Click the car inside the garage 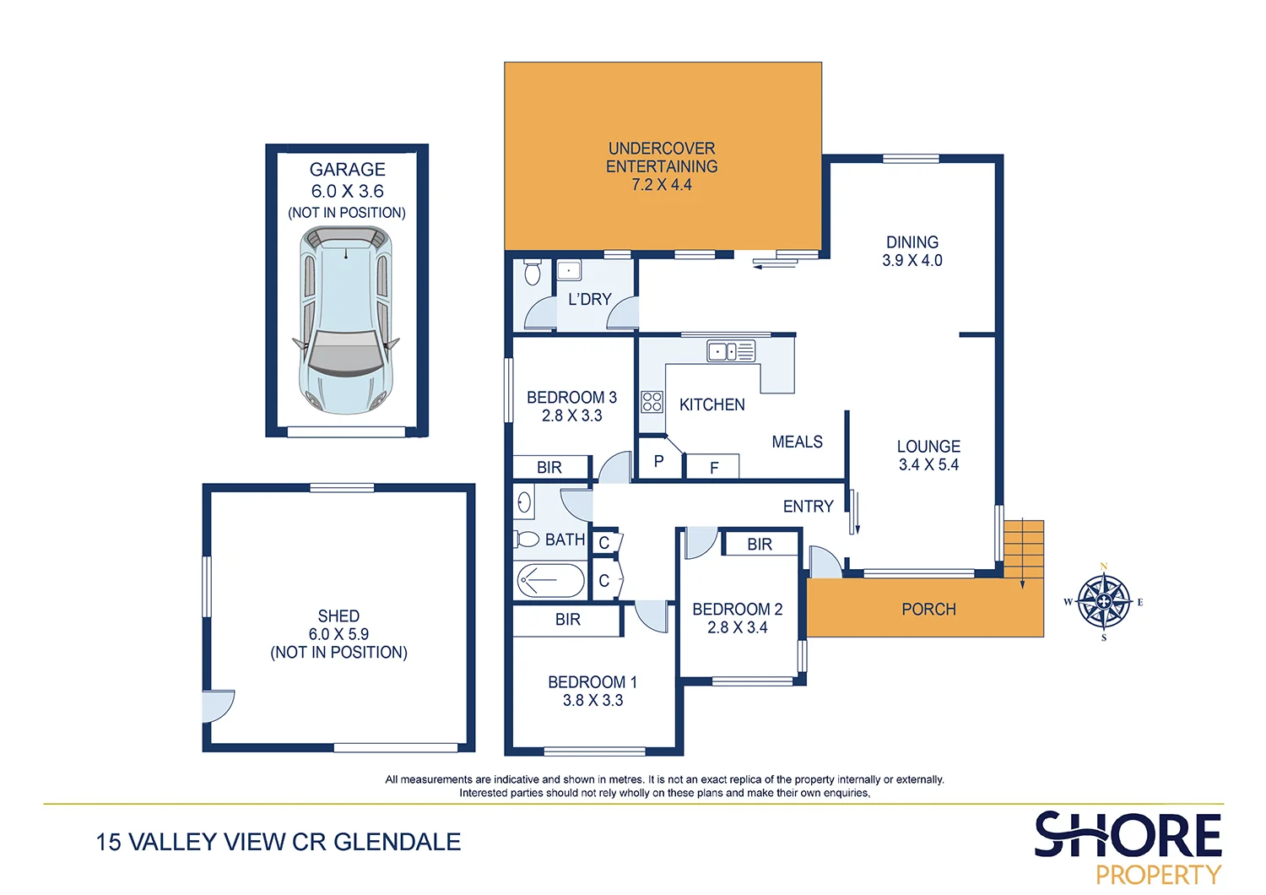346,321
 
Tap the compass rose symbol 1104,602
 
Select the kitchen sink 731,351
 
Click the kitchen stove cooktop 652,401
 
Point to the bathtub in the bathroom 549,581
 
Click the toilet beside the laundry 532,272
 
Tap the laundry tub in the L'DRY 569,270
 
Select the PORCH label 928,610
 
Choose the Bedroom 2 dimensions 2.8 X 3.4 737,627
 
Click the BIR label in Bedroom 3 549,468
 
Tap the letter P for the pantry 658,462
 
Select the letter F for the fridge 714,468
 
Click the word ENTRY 808,507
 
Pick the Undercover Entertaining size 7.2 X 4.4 662,185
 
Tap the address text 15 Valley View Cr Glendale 279,842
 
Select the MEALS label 797,442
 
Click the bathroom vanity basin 524,503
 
